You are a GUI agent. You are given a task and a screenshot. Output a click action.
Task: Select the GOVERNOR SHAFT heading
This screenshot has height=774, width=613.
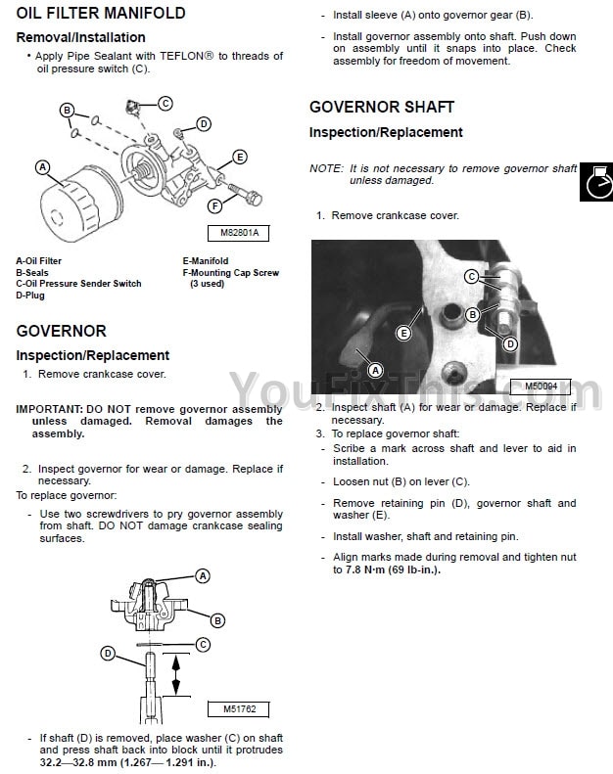tap(382, 107)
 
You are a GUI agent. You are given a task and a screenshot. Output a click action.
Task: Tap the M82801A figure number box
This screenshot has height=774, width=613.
tap(239, 234)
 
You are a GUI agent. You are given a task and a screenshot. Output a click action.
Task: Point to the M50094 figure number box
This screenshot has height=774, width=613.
tap(541, 386)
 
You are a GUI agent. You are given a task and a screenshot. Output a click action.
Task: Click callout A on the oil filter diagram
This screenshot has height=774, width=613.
tap(42, 167)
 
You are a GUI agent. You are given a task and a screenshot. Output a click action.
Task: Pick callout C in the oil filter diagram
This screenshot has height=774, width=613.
tap(165, 103)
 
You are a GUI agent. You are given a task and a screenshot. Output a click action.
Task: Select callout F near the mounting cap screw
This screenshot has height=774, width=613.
tap(213, 205)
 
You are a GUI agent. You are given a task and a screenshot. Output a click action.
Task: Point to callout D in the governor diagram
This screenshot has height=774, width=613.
tap(108, 653)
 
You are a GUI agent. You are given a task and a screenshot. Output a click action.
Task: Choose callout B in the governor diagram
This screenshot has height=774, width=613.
tap(218, 619)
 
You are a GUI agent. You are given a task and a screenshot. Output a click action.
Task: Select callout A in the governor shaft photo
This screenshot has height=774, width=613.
tap(375, 370)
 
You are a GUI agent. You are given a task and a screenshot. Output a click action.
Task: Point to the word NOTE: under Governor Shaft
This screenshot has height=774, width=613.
tap(326, 168)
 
